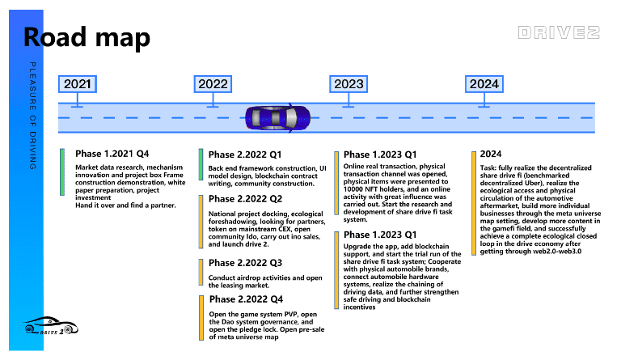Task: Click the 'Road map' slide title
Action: (86, 37)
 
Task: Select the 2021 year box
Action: (78, 83)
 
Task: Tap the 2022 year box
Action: (213, 83)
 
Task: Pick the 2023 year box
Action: (348, 83)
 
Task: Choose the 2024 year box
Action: (484, 83)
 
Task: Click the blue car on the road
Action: (277, 118)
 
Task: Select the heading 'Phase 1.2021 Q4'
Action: (112, 154)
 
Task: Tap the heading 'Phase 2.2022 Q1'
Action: (246, 155)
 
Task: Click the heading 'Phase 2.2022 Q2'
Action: (246, 199)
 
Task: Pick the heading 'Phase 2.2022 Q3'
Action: (246, 263)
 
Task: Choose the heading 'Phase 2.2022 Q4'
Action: (246, 300)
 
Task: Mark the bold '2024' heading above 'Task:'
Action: (490, 154)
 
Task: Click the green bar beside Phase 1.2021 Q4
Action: (62, 172)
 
